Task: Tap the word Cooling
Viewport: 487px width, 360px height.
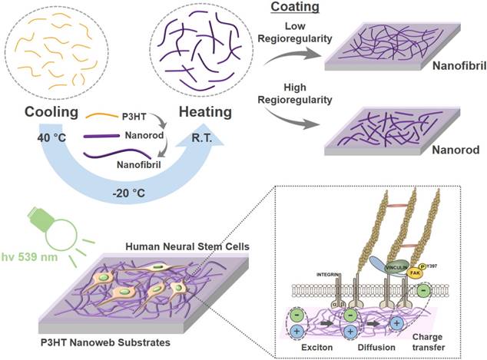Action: tap(45, 113)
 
